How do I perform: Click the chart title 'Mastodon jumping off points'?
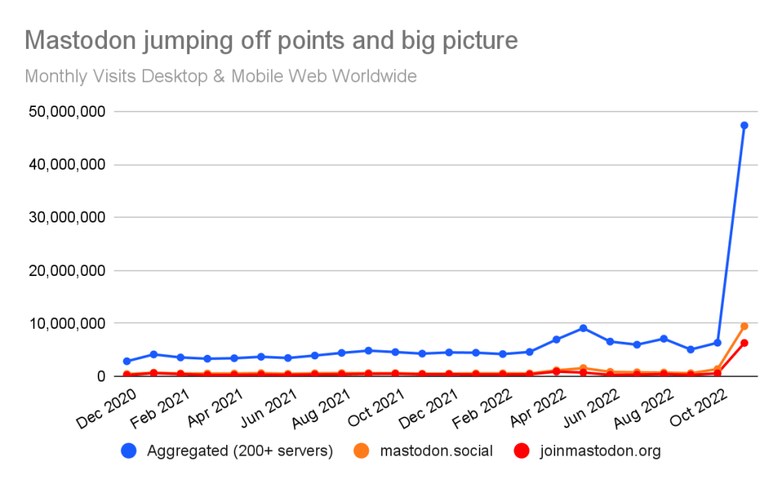271,40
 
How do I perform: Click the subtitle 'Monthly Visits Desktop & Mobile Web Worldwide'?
221,76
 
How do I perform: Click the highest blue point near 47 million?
744,125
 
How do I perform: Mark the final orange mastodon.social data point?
744,326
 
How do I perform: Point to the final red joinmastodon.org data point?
744,343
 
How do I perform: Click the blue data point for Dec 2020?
127,361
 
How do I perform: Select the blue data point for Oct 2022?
717,343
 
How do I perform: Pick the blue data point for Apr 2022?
557,339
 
